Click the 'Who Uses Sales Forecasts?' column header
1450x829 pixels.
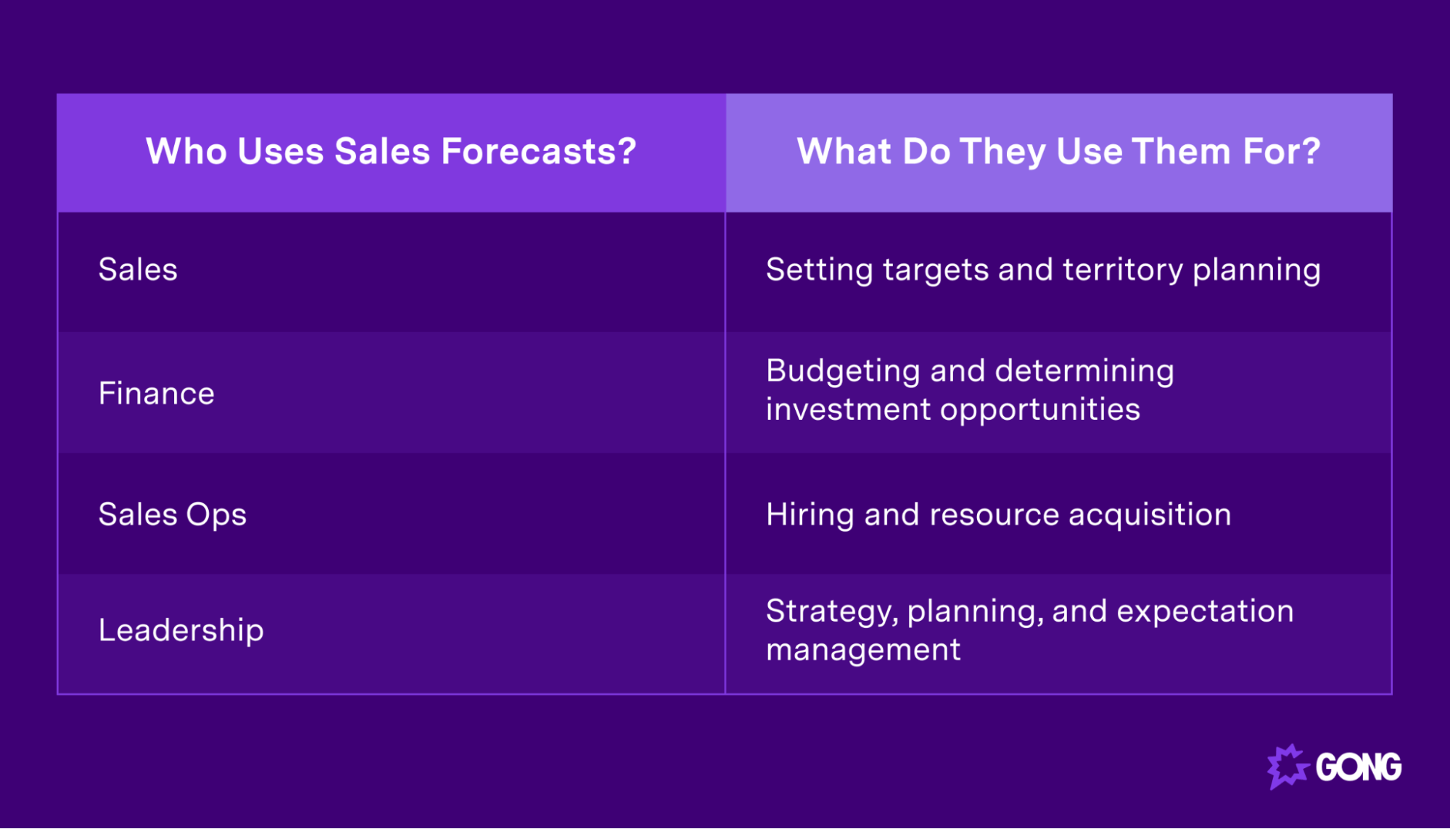pos(391,152)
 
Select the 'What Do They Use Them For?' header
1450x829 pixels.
pos(1058,152)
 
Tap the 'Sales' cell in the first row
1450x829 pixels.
pos(138,270)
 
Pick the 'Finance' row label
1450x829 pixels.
pos(156,393)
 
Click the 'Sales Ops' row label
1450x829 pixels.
pos(172,515)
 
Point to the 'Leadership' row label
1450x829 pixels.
pos(181,630)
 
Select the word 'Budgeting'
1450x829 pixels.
pos(843,371)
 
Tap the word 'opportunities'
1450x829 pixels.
pos(1040,410)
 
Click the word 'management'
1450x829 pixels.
pos(863,649)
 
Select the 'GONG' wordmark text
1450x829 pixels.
pos(1358,767)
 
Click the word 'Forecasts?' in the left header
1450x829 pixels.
pos(538,152)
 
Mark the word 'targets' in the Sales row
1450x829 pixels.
pos(936,270)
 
